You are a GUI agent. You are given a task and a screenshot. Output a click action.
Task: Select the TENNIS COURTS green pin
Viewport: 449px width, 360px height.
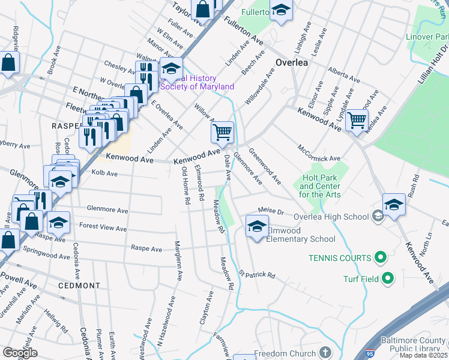[x=380, y=258]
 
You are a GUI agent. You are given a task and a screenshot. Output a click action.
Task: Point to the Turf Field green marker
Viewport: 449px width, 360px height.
[x=388, y=278]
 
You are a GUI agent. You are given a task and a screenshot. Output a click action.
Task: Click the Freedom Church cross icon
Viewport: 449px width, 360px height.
[x=325, y=352]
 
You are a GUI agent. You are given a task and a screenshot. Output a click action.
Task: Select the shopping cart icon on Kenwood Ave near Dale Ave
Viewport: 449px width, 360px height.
[x=222, y=132]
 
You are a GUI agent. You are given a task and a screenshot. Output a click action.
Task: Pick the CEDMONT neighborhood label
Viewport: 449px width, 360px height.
[x=79, y=286]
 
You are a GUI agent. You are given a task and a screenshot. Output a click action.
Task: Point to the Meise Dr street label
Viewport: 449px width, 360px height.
[x=271, y=210]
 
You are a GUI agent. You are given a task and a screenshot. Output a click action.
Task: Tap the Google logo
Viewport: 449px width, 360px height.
[x=20, y=353]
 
